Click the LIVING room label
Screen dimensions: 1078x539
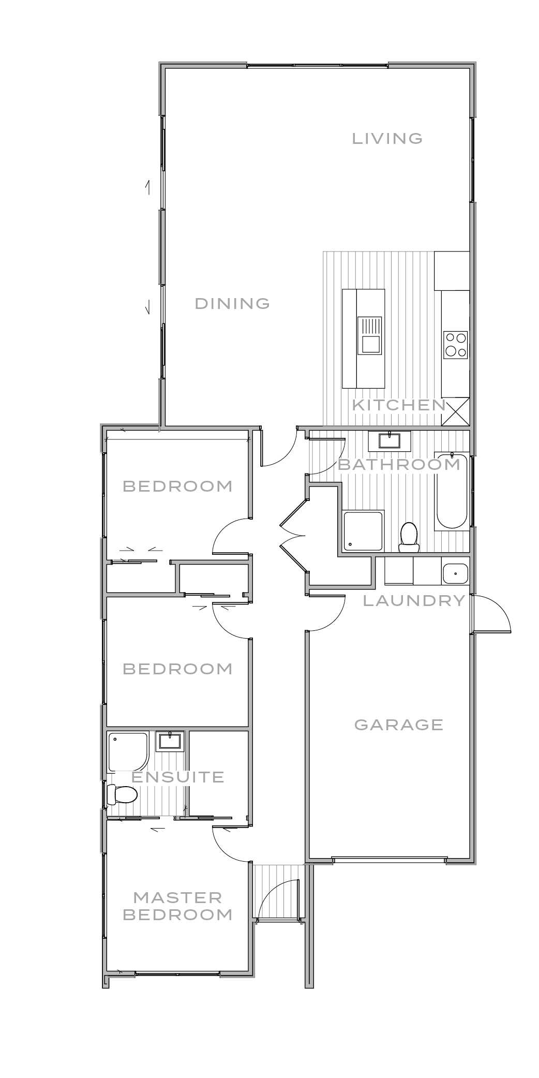[387, 139]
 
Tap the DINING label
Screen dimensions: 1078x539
[232, 304]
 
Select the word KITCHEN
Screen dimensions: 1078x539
[398, 405]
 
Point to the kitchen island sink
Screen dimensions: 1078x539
[370, 344]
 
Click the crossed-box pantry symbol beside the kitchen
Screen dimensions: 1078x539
[456, 412]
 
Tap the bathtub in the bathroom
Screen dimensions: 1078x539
[452, 490]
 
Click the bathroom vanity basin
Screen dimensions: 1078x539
[389, 441]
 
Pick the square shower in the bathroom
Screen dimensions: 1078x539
[363, 531]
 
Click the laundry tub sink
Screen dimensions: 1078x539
[455, 573]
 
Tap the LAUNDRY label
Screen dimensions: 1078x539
[414, 601]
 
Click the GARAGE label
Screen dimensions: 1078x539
[399, 725]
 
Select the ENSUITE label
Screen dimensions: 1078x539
[177, 777]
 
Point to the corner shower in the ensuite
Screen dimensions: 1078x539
[127, 751]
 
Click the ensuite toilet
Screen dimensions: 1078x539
[122, 794]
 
